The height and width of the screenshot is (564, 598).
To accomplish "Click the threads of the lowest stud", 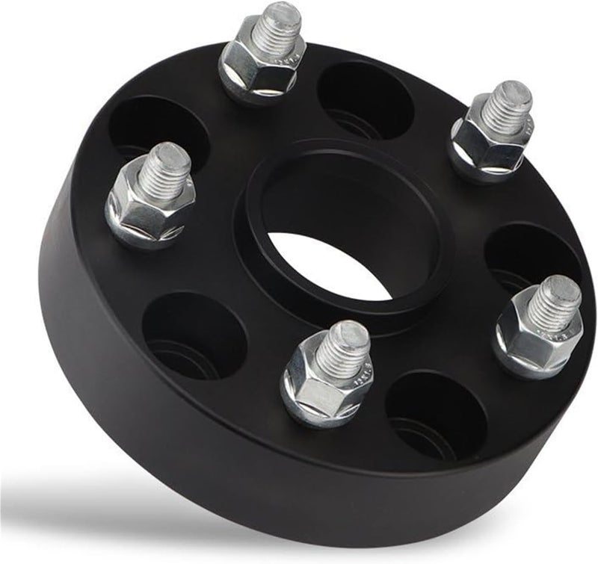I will coord(343,347).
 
